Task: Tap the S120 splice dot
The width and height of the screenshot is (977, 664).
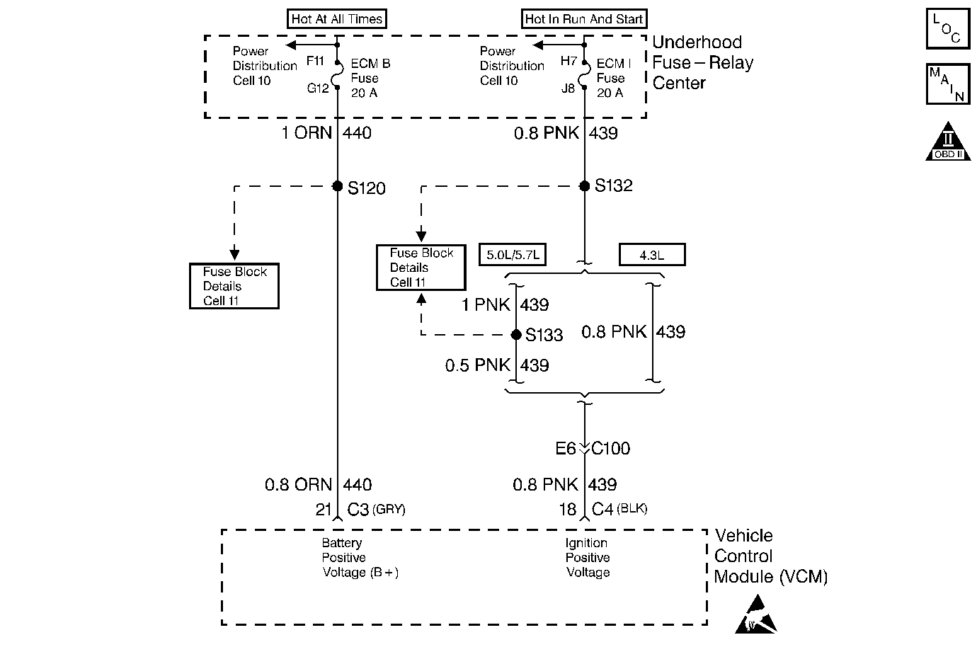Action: (x=337, y=186)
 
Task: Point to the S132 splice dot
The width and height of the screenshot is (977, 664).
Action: (x=585, y=186)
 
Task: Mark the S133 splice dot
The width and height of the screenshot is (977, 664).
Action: (x=516, y=335)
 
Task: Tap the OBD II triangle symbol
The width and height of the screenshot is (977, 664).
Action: (x=948, y=142)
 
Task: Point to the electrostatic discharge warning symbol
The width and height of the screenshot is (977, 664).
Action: (x=756, y=614)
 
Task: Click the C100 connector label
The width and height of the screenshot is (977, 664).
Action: (x=610, y=448)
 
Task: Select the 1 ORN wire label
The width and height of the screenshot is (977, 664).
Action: (x=307, y=132)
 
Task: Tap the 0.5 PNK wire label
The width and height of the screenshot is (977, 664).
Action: (x=478, y=365)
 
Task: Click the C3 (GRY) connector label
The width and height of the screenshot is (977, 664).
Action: (x=376, y=509)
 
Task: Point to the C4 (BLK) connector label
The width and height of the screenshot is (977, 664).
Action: (x=619, y=509)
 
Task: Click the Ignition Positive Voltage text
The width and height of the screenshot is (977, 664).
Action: (x=588, y=557)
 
